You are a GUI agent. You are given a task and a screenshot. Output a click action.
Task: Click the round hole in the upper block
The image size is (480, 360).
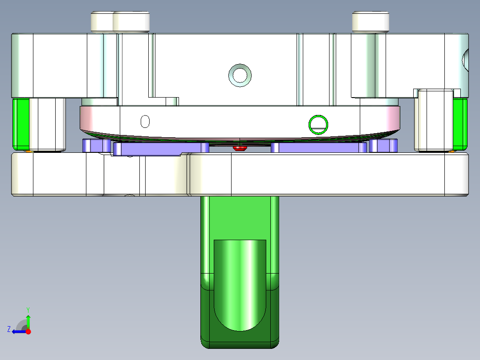pos(240,75)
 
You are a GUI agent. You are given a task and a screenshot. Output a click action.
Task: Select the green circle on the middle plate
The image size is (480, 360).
pos(319,124)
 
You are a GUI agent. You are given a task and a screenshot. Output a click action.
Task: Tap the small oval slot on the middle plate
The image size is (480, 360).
pos(145,121)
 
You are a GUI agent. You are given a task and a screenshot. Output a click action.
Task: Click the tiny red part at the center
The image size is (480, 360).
pos(240,148)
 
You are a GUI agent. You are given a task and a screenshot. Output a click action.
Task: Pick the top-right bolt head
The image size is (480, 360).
pos(370,21)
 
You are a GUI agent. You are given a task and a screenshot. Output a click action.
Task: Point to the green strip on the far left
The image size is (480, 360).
pos(20,124)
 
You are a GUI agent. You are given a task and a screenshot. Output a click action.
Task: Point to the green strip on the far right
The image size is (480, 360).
pos(460,124)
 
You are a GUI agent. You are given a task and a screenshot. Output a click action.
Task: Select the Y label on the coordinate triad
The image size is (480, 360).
pos(28,309)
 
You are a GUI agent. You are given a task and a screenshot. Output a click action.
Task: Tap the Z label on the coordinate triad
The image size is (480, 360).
pos(9,329)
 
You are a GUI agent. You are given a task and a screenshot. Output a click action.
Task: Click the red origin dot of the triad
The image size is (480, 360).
pos(28,331)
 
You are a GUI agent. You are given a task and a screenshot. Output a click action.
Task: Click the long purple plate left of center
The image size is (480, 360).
pos(160,148)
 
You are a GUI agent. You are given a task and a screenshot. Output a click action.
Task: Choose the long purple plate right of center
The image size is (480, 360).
pos(318,147)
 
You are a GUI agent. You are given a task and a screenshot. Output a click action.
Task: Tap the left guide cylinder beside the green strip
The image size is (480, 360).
pos(47,124)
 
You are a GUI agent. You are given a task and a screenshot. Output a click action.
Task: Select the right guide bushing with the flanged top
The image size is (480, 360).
pos(433,120)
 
